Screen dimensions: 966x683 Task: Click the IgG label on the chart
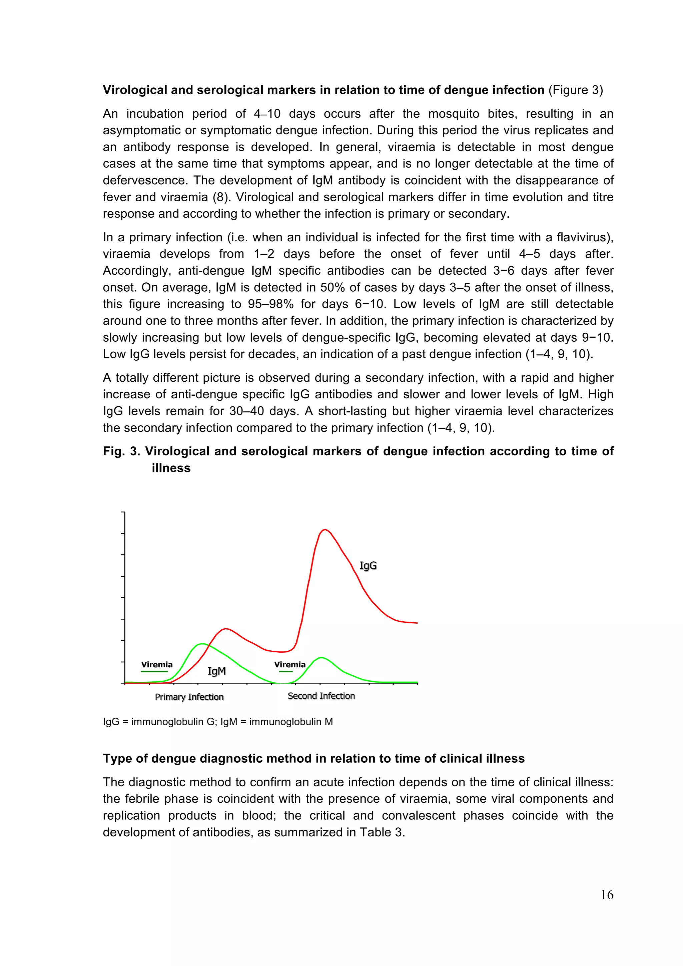368,566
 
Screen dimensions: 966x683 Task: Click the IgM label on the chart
217,671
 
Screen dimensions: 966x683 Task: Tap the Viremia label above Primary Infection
156,665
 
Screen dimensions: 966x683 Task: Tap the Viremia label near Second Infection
289,665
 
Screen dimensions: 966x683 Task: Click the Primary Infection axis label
189,697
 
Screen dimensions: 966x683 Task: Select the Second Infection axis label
321,696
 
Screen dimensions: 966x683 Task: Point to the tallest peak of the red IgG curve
324,530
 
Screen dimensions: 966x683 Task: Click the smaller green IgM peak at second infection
321,657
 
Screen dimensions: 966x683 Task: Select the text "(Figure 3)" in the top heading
575,90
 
